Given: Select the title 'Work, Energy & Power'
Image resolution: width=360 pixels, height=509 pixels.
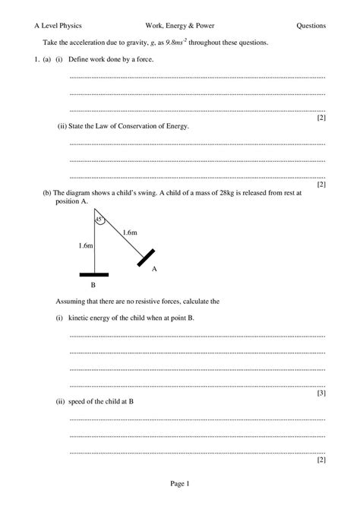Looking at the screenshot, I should [179, 26].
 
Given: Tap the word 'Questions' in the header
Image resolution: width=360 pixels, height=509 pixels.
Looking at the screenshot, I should [311, 26].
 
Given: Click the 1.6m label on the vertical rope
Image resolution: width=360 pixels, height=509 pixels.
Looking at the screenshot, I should [85, 246].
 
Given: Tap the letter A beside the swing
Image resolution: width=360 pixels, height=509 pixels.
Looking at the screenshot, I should [154, 269].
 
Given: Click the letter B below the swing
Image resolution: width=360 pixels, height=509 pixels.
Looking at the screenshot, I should [93, 286].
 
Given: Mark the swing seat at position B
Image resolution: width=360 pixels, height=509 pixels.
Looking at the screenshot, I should [93, 274].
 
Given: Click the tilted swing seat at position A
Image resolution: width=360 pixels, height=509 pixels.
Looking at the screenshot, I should [147, 257].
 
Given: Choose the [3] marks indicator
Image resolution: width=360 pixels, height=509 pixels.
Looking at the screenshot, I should [321, 393].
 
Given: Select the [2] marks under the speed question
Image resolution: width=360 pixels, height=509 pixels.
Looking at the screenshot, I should [321, 460].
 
